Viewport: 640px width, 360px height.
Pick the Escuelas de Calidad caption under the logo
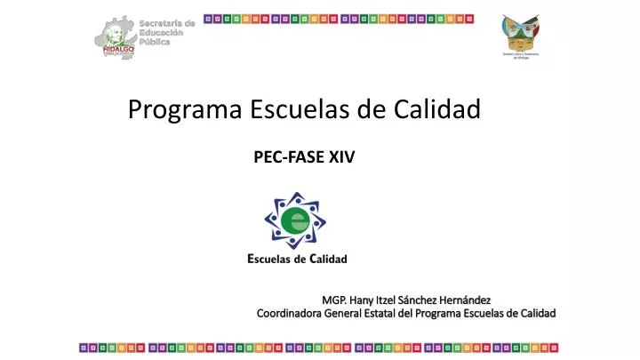click(296, 260)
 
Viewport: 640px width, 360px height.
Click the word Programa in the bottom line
click(443, 313)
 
